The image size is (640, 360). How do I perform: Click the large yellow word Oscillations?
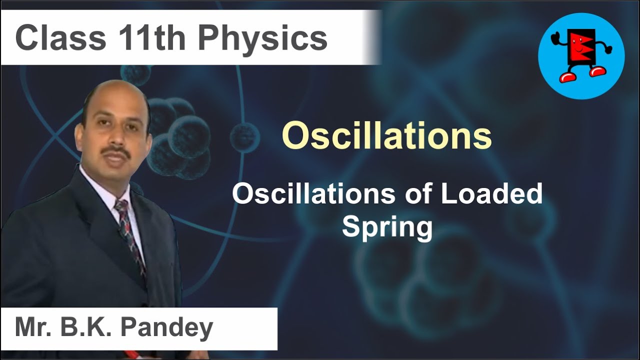coord(386,136)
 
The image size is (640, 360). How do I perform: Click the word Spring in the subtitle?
coord(387,227)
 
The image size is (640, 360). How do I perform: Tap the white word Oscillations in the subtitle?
coord(314,193)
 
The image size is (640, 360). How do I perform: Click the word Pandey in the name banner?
coord(166,328)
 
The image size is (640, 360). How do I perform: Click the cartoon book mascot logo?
coord(581,55)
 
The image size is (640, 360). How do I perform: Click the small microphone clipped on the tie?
coord(121,231)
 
